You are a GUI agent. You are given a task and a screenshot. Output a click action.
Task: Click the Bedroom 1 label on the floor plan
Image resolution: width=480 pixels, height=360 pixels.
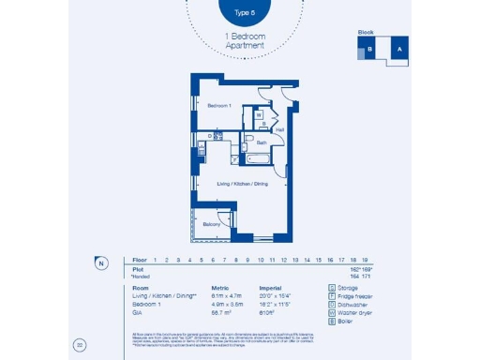pyautogui.click(x=219, y=106)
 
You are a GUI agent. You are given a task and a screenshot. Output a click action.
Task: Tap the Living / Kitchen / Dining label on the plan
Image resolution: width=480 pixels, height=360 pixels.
pyautogui.click(x=243, y=184)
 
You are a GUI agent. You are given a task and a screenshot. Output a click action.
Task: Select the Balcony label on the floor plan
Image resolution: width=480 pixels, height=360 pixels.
pyautogui.click(x=213, y=225)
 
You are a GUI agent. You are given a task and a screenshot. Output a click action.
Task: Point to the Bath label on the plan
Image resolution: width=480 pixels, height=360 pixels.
pyautogui.click(x=262, y=142)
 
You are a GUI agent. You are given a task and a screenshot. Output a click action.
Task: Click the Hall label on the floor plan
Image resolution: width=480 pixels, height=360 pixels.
pyautogui.click(x=279, y=129)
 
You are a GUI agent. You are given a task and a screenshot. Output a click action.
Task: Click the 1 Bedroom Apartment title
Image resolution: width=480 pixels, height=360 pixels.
pyautogui.click(x=246, y=40)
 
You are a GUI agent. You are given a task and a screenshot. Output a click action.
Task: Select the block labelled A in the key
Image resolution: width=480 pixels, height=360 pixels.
pyautogui.click(x=398, y=49)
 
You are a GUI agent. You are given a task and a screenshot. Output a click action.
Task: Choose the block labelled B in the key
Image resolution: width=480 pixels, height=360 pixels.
pyautogui.click(x=370, y=50)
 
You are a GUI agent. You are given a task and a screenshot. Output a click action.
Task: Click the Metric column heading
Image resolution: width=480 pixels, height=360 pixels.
pyautogui.click(x=220, y=289)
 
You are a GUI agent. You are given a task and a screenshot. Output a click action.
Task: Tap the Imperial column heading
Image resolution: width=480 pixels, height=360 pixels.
pyautogui.click(x=272, y=289)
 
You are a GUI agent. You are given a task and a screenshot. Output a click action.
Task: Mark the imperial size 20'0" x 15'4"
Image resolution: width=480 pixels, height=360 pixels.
pyautogui.click(x=277, y=295)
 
